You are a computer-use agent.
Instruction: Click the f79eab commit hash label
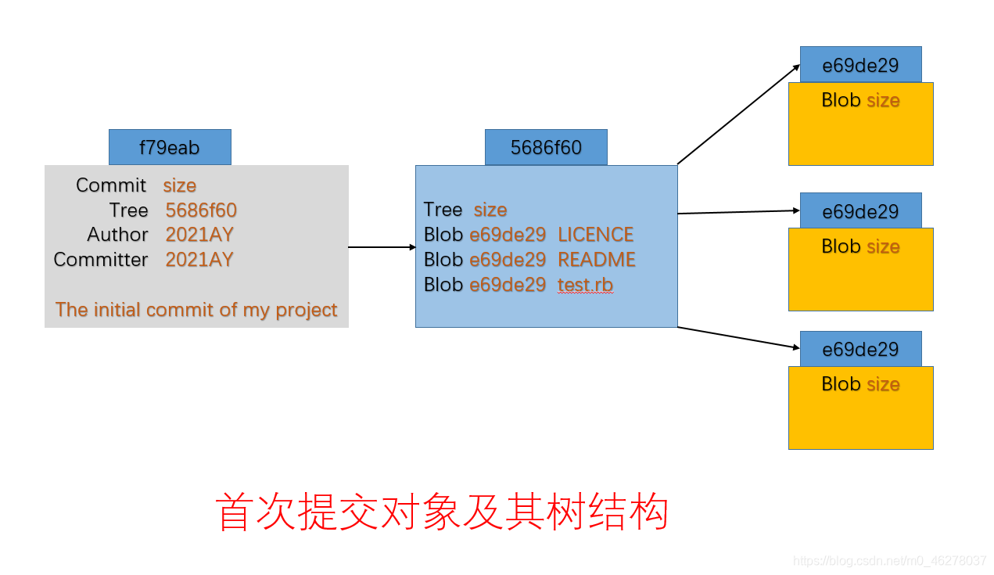coord(170,147)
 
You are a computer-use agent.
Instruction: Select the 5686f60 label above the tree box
coord(546,147)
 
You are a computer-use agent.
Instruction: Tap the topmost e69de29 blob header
coord(860,65)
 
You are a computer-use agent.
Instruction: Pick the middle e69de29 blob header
coord(860,211)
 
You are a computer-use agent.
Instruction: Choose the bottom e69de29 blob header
coord(860,349)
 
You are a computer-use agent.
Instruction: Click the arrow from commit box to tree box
coord(382,247)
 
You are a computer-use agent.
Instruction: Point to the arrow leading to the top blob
coord(737,115)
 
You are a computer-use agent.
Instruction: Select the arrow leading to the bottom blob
coord(739,337)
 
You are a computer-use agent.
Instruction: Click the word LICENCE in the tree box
coord(595,235)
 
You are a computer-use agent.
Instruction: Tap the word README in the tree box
coord(596,260)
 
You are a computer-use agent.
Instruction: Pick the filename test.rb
coord(585,285)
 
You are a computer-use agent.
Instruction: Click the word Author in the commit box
coord(117,235)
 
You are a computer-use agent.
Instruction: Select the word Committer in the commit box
coord(101,260)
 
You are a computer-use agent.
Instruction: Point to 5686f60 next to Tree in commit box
coord(201,210)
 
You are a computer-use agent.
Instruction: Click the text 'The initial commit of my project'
coord(196,310)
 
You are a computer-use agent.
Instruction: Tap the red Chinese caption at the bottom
coord(442,513)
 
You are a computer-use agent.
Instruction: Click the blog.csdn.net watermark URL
coord(889,561)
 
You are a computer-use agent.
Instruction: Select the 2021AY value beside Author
coord(199,235)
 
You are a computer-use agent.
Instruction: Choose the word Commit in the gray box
coord(111,185)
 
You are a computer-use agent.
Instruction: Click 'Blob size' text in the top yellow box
coord(860,100)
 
